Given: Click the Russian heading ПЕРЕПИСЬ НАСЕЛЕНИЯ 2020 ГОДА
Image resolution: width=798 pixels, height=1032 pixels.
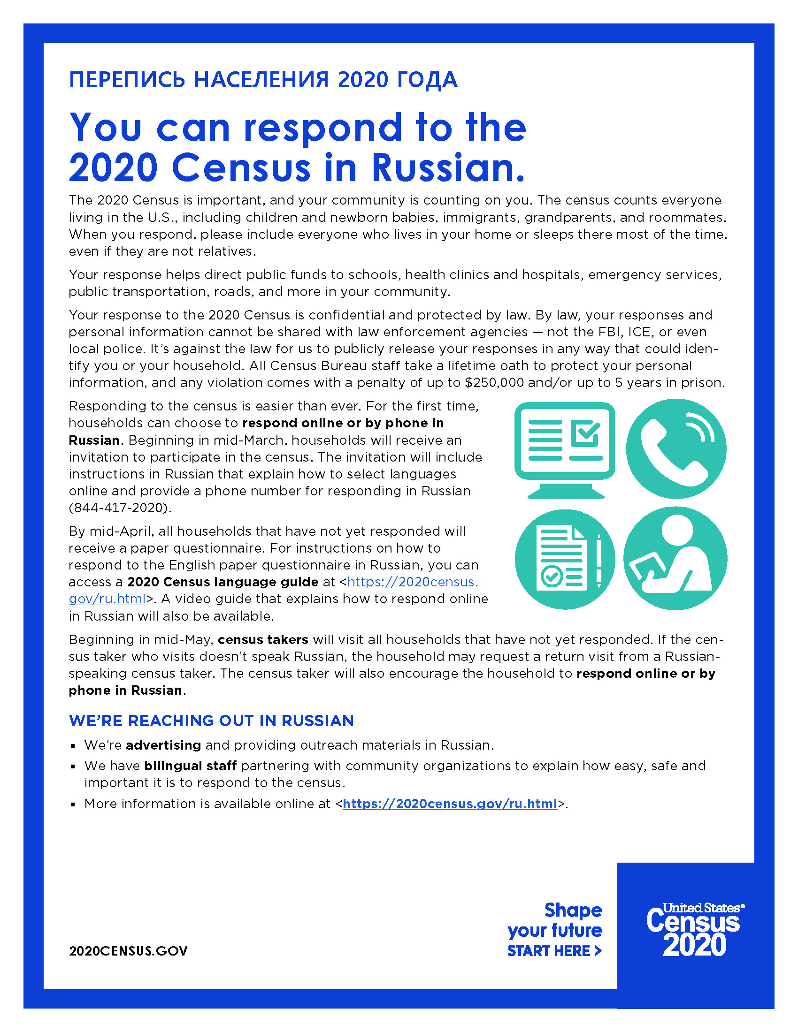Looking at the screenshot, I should click(x=263, y=80).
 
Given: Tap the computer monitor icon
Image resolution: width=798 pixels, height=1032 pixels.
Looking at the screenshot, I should click(x=564, y=449).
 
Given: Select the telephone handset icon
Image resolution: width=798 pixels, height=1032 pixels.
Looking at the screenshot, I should click(x=675, y=449).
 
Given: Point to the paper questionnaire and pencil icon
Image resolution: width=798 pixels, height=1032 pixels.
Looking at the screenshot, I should click(x=564, y=559).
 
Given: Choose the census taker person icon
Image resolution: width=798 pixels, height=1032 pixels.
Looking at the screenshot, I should click(x=675, y=559).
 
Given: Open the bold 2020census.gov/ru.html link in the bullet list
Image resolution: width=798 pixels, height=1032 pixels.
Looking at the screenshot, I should click(x=450, y=804).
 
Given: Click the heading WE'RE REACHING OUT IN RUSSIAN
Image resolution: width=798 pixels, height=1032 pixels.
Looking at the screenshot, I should click(x=211, y=721).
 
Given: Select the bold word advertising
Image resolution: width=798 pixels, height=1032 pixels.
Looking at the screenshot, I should click(x=163, y=745).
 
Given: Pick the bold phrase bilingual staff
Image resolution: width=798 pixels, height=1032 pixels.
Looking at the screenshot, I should click(x=191, y=766).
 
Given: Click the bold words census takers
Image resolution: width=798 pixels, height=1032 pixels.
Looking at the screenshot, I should click(x=263, y=640).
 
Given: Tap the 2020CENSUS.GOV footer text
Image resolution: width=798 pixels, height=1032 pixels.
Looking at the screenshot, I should click(x=128, y=951).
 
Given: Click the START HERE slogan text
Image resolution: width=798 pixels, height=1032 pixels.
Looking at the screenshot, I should click(x=554, y=951).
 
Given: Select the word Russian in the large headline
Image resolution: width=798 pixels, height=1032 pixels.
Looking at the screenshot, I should click(x=448, y=168).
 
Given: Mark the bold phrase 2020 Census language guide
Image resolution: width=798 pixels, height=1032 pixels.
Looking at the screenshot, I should click(x=223, y=582).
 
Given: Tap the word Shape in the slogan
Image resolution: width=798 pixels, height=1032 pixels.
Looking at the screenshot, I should click(x=573, y=910).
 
